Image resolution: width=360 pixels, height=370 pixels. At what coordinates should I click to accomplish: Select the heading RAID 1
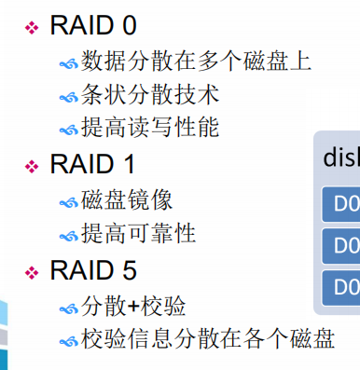[90, 164]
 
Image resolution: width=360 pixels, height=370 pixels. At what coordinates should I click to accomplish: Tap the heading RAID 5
[90, 270]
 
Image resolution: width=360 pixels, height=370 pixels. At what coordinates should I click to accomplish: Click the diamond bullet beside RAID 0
[33, 27]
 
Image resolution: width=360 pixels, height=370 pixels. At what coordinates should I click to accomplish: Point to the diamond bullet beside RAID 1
[33, 166]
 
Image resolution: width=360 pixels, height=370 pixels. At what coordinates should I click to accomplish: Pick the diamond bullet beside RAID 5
[33, 272]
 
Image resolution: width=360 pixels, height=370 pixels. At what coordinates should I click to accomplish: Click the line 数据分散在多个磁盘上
[196, 62]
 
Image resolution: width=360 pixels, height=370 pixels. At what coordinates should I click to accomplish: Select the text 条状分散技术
[150, 95]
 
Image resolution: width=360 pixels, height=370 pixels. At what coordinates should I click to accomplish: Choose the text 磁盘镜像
[127, 199]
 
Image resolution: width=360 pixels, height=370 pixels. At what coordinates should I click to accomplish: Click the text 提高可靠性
[139, 232]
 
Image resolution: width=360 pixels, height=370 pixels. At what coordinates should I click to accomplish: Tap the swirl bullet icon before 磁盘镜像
[69, 200]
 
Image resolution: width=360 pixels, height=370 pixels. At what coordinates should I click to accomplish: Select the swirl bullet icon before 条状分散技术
[69, 97]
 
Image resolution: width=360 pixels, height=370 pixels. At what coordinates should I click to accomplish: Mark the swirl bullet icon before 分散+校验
[69, 307]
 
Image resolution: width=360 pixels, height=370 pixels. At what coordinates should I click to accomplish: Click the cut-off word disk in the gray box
[340, 158]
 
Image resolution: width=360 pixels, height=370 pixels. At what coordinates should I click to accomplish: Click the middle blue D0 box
[341, 246]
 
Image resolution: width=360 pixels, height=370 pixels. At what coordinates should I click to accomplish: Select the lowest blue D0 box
[341, 285]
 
